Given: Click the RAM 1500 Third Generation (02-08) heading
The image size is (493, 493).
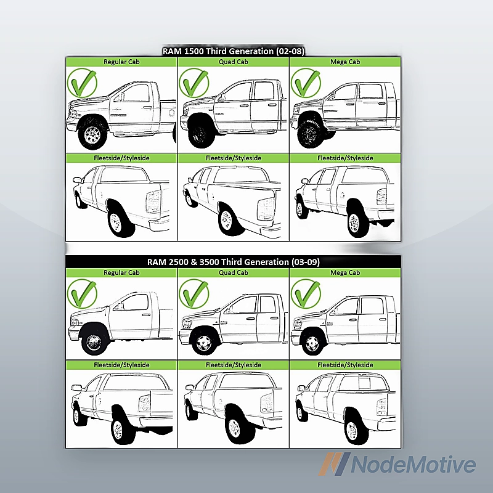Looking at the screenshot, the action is tap(233, 51).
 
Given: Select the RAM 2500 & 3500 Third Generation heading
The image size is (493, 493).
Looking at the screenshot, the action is tap(234, 262).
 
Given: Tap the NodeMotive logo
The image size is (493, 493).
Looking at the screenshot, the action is tap(397, 464).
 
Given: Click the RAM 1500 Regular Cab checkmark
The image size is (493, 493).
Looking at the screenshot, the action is tap(83, 83).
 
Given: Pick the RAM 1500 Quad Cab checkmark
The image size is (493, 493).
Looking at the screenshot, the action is tap(194, 83).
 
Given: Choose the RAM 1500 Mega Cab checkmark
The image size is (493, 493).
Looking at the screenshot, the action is tap(306, 83).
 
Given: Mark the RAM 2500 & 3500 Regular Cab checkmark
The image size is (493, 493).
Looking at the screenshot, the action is tap(83, 294).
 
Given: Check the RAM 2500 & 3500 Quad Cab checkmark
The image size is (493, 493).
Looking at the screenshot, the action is tap(194, 294).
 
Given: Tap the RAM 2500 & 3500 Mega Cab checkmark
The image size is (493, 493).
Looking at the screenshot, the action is tap(306, 294).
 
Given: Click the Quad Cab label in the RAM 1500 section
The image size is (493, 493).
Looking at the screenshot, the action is tap(234, 62).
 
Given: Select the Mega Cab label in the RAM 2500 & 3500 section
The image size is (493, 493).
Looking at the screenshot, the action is tap(345, 272).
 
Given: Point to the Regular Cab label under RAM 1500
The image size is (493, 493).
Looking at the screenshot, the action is tap(121, 62).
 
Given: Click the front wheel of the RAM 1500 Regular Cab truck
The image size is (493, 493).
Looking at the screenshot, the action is tap(92, 134).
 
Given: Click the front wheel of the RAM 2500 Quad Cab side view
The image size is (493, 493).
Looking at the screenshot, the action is tap(204, 343).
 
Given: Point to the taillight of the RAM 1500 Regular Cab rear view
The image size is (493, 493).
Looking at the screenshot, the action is tap(153, 202).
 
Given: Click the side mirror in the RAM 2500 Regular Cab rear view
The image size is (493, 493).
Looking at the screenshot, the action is tap(76, 388).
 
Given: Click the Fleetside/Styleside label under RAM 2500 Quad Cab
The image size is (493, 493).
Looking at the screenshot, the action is tap(234, 365).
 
